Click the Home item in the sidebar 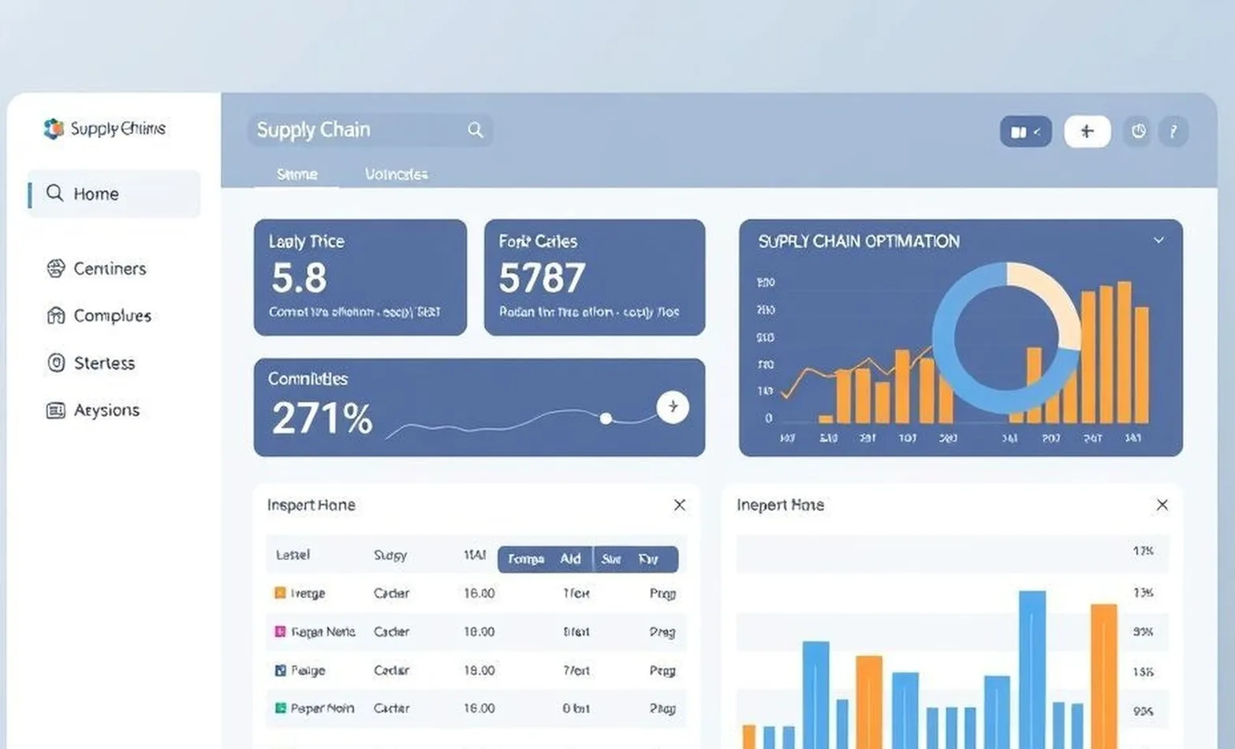(x=95, y=194)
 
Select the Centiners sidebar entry (x=109, y=269)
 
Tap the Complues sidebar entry (x=111, y=316)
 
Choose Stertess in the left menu (x=103, y=363)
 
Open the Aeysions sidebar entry (x=106, y=411)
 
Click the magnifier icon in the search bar (x=475, y=130)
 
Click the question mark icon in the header (x=1173, y=132)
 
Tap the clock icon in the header (x=1138, y=132)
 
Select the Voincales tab (x=396, y=174)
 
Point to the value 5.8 (x=299, y=278)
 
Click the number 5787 (x=542, y=278)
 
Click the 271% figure (x=322, y=419)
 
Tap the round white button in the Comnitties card (x=673, y=407)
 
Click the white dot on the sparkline (x=606, y=418)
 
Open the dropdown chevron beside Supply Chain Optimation (x=1159, y=240)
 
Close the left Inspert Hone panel (x=680, y=505)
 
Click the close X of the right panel (x=1162, y=505)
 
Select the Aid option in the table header (x=570, y=559)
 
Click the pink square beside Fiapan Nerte (x=280, y=632)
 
